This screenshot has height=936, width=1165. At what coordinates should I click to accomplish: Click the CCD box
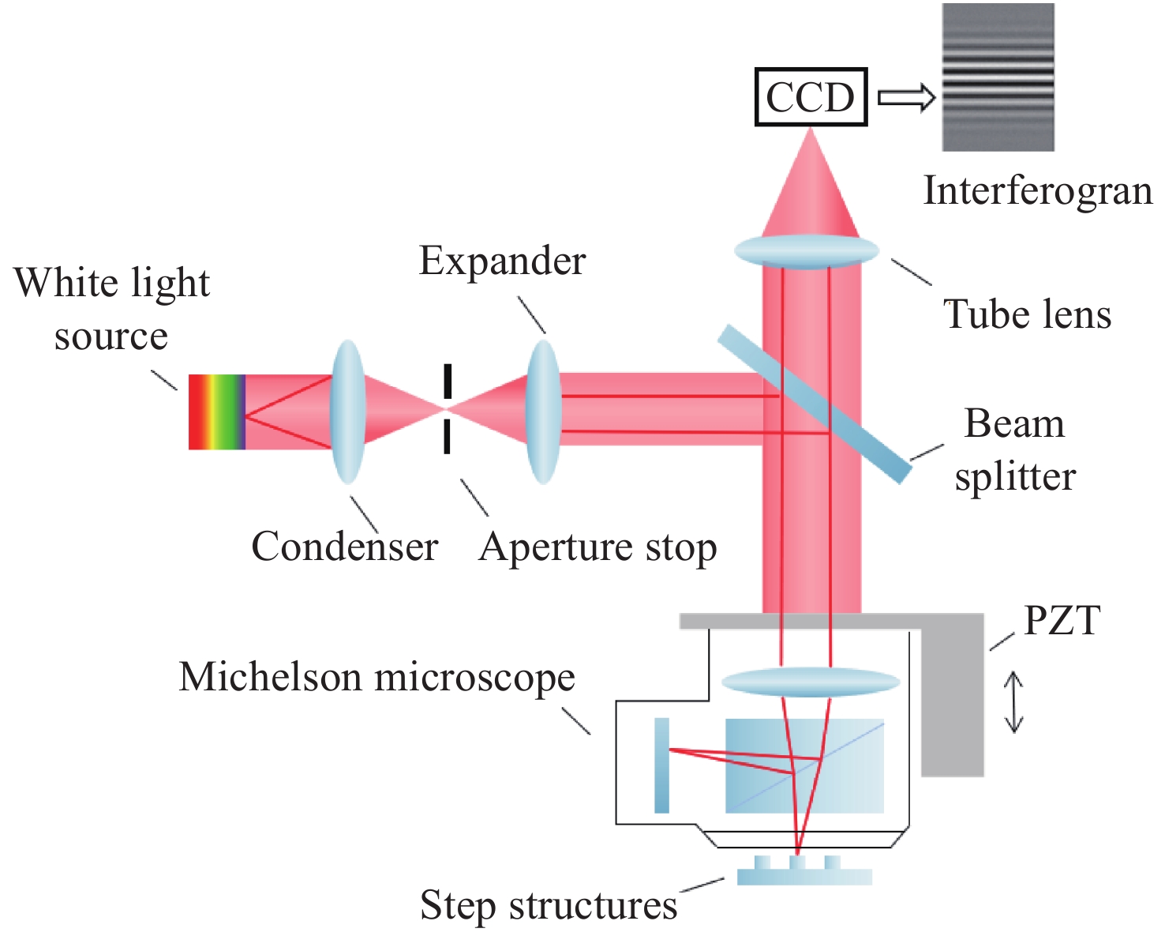click(x=811, y=97)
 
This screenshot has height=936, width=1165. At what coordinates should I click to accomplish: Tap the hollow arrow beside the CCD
click(x=906, y=97)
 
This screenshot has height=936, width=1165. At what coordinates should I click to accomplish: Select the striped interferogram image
click(x=998, y=77)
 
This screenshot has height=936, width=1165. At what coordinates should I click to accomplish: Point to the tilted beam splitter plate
click(x=815, y=402)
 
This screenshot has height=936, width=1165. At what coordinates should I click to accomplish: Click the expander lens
click(x=543, y=411)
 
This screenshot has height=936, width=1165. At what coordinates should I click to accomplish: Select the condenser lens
click(x=347, y=411)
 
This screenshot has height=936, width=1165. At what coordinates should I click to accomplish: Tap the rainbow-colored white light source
click(x=216, y=412)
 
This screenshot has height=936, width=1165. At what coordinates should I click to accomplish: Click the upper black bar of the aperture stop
click(x=448, y=381)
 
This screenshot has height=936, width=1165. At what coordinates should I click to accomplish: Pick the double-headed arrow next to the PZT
click(x=1013, y=702)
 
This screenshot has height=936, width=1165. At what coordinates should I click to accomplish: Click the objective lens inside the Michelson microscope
click(x=811, y=682)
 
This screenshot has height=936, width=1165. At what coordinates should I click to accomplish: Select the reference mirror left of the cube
click(x=661, y=765)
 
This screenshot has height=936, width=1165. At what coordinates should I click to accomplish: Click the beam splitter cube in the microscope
click(x=804, y=765)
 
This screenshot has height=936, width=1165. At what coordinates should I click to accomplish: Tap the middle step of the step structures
click(x=798, y=863)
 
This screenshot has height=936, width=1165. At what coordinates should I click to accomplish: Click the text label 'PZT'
click(x=1062, y=621)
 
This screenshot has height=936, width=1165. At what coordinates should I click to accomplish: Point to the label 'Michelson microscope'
click(x=376, y=677)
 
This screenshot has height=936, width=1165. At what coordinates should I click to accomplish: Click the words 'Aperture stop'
click(x=597, y=547)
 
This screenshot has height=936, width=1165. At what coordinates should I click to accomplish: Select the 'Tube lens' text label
click(x=1028, y=314)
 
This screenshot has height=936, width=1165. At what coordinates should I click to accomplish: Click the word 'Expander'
click(x=502, y=261)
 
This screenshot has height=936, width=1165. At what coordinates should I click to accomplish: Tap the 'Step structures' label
click(x=549, y=905)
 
